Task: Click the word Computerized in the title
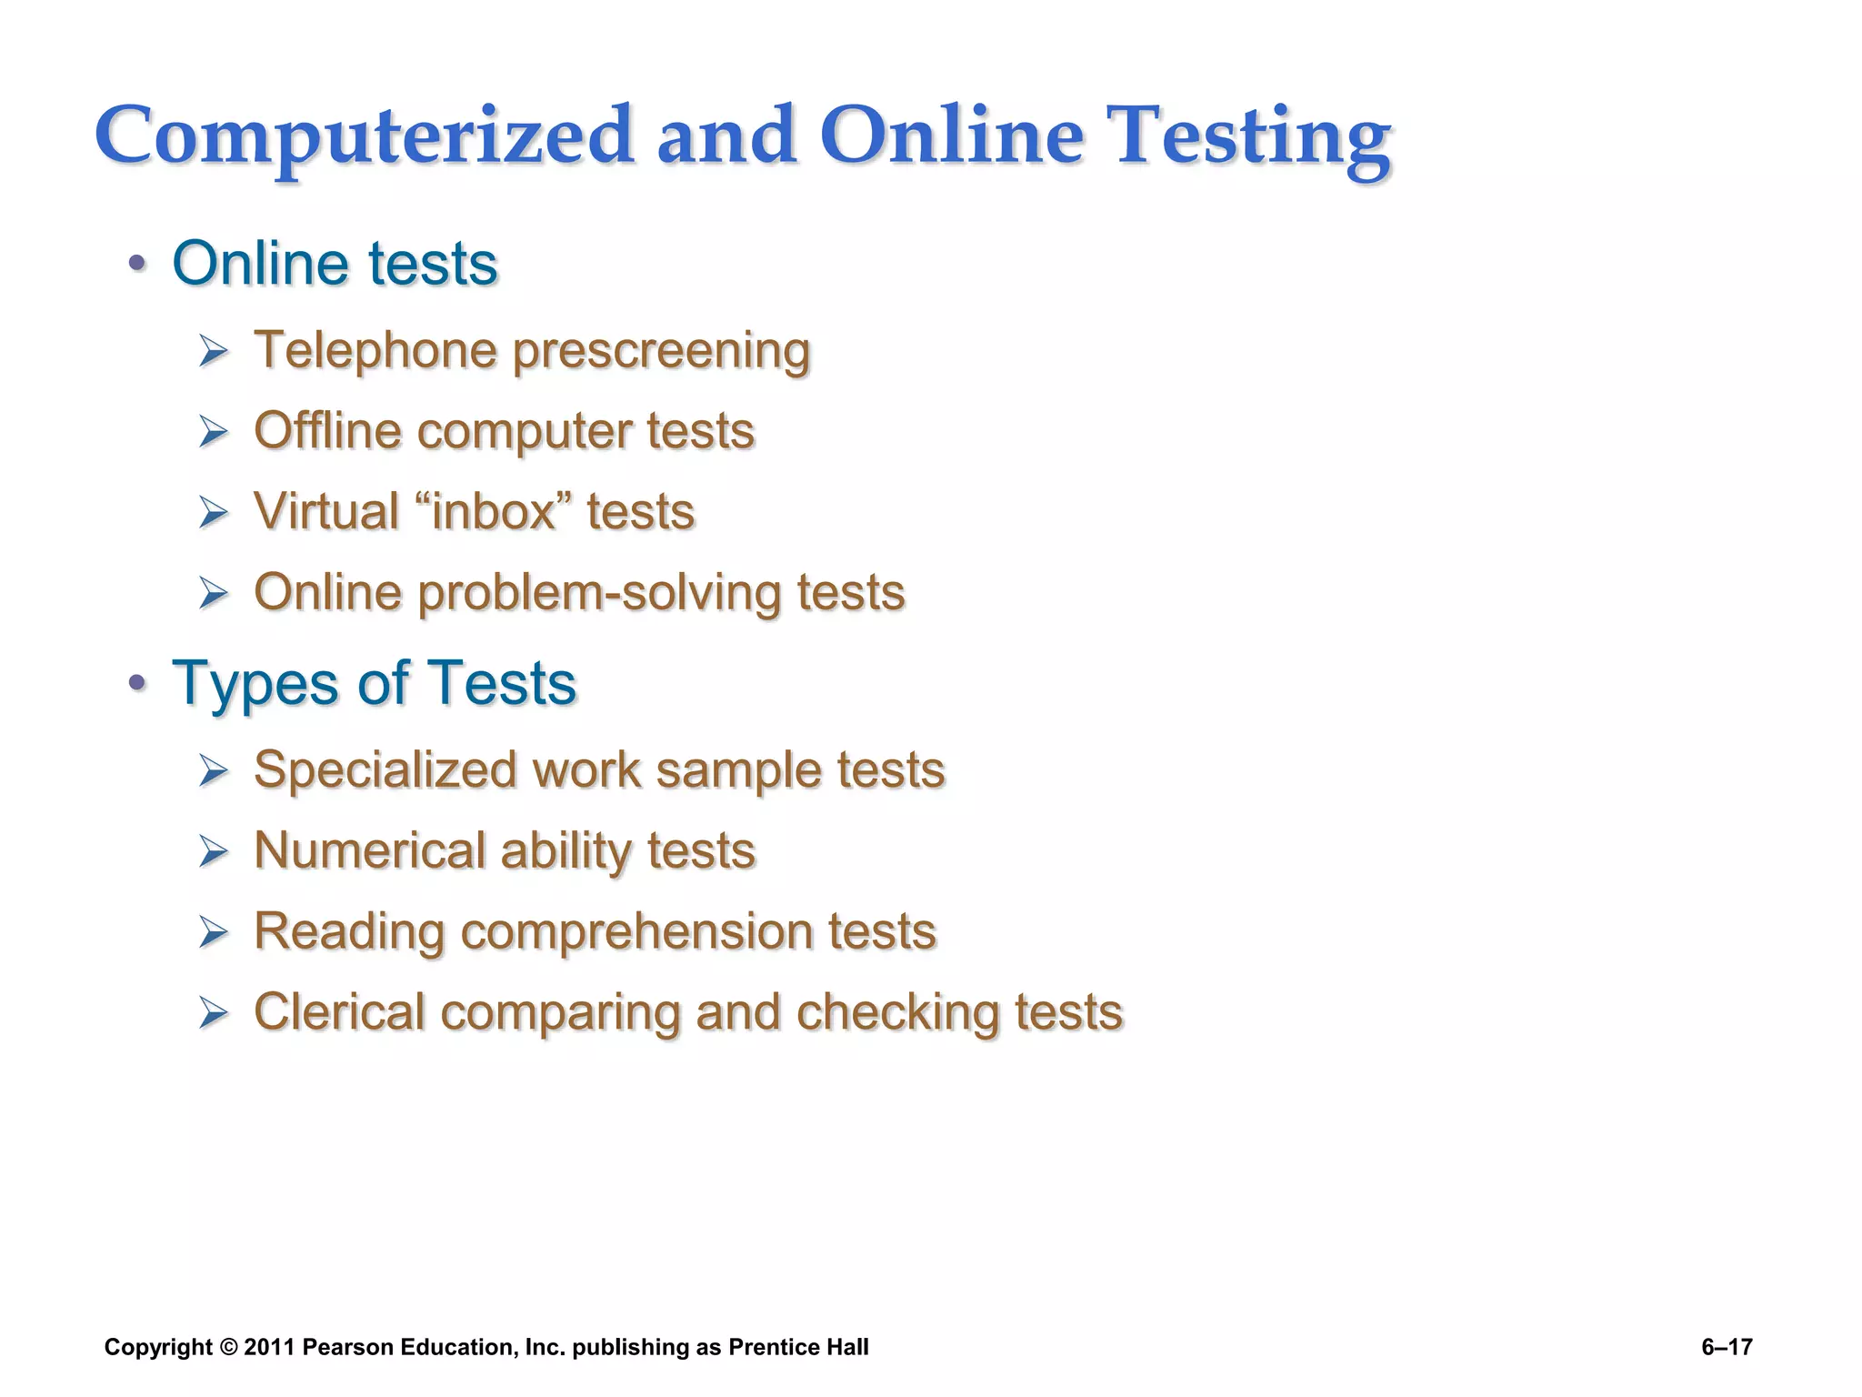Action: (364, 136)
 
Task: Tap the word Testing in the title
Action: (1253, 136)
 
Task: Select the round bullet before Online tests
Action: (137, 265)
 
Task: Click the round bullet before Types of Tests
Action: (137, 683)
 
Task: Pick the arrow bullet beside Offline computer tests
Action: (214, 431)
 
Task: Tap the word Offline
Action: (327, 430)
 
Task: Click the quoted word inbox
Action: (493, 511)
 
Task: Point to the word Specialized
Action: (385, 770)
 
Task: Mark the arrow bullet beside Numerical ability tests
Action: (214, 852)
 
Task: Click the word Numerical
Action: (369, 851)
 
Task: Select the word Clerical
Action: (339, 1012)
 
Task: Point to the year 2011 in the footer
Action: (269, 1347)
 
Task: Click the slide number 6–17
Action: (1727, 1347)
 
